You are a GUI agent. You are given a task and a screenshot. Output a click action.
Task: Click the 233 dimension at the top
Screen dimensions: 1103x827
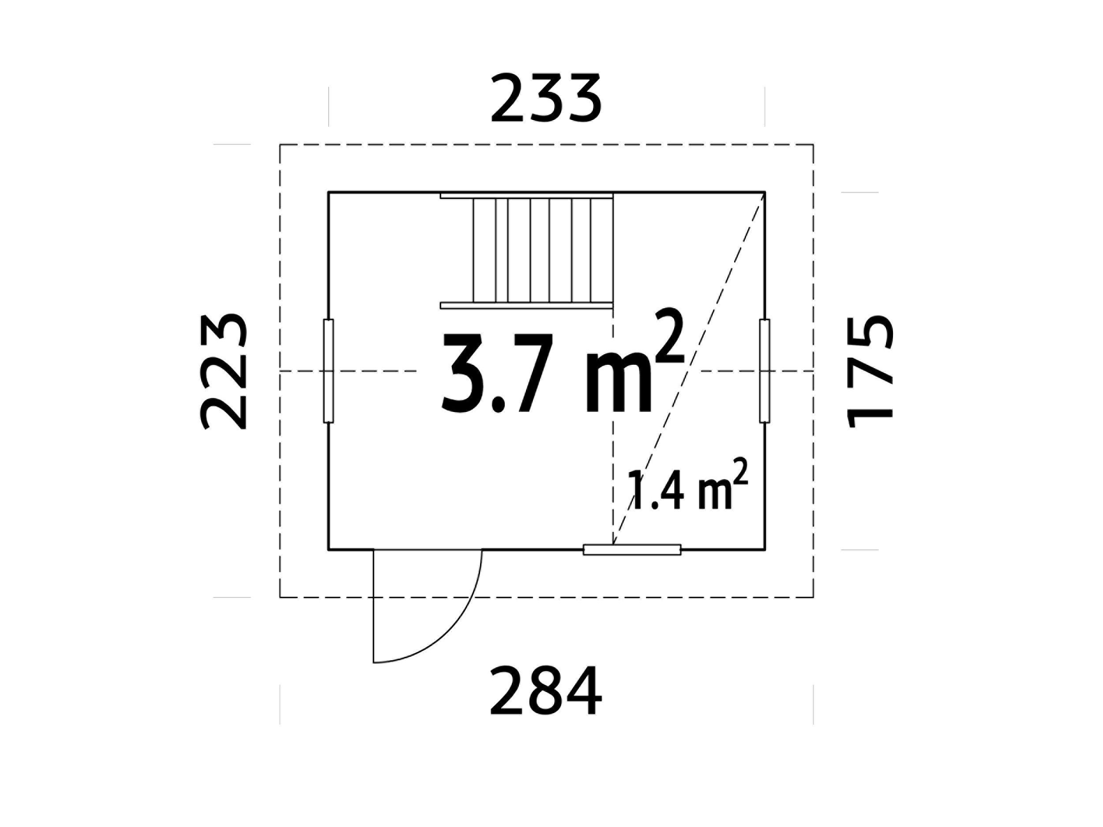[547, 98]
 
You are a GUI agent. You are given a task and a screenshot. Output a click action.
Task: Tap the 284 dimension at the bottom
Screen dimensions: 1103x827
[546, 692]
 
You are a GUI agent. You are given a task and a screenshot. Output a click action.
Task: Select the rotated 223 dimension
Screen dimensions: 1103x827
[223, 371]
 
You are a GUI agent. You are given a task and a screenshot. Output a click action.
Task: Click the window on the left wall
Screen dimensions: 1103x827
[328, 371]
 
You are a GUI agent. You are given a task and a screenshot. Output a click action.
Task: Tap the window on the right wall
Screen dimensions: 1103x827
[765, 371]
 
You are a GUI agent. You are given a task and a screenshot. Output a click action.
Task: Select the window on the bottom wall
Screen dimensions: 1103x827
[632, 549]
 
